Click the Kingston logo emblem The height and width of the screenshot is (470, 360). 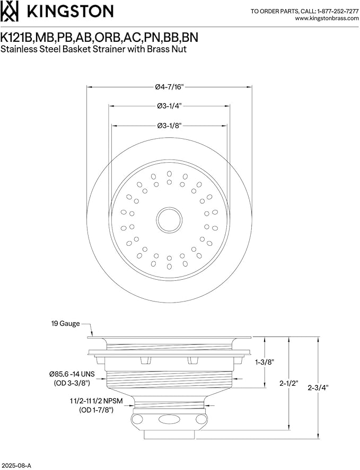[10, 11]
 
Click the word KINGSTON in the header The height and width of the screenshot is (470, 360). [71, 11]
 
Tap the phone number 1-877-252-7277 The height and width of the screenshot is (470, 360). [337, 11]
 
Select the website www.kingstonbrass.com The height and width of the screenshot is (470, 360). [327, 19]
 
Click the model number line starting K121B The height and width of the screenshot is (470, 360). [99, 38]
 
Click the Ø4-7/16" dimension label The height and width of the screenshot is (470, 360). [169, 87]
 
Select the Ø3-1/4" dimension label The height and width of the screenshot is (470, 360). [170, 106]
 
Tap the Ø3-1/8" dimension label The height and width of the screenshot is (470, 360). [170, 126]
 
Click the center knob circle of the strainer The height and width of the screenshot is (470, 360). [169, 220]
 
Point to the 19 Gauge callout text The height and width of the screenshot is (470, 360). [65, 323]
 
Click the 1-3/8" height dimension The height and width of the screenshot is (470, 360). [265, 362]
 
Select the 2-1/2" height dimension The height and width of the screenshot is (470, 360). [288, 384]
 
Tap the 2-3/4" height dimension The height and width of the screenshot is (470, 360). [318, 387]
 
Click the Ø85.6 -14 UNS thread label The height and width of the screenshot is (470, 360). [72, 374]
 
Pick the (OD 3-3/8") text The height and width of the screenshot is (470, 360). [72, 383]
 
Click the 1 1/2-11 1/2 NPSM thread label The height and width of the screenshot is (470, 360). [96, 401]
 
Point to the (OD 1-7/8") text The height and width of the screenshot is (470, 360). [96, 410]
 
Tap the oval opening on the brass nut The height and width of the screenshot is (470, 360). [169, 419]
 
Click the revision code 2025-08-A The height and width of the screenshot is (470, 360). [16, 466]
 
